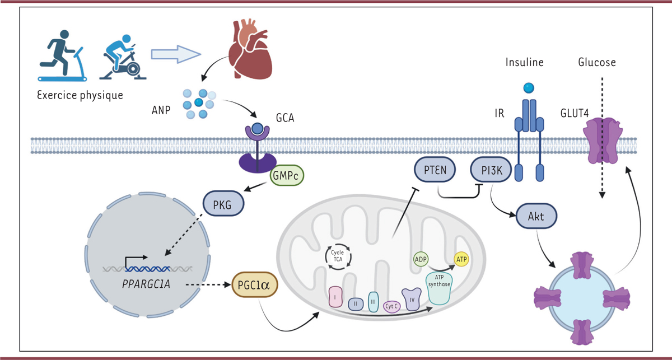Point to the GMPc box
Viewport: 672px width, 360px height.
pyautogui.click(x=287, y=175)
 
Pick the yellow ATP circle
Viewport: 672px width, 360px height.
pyautogui.click(x=462, y=259)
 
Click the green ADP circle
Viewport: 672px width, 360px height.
pyautogui.click(x=421, y=260)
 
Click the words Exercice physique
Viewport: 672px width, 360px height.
pyautogui.click(x=80, y=95)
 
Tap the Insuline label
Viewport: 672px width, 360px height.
pyautogui.click(x=524, y=62)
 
